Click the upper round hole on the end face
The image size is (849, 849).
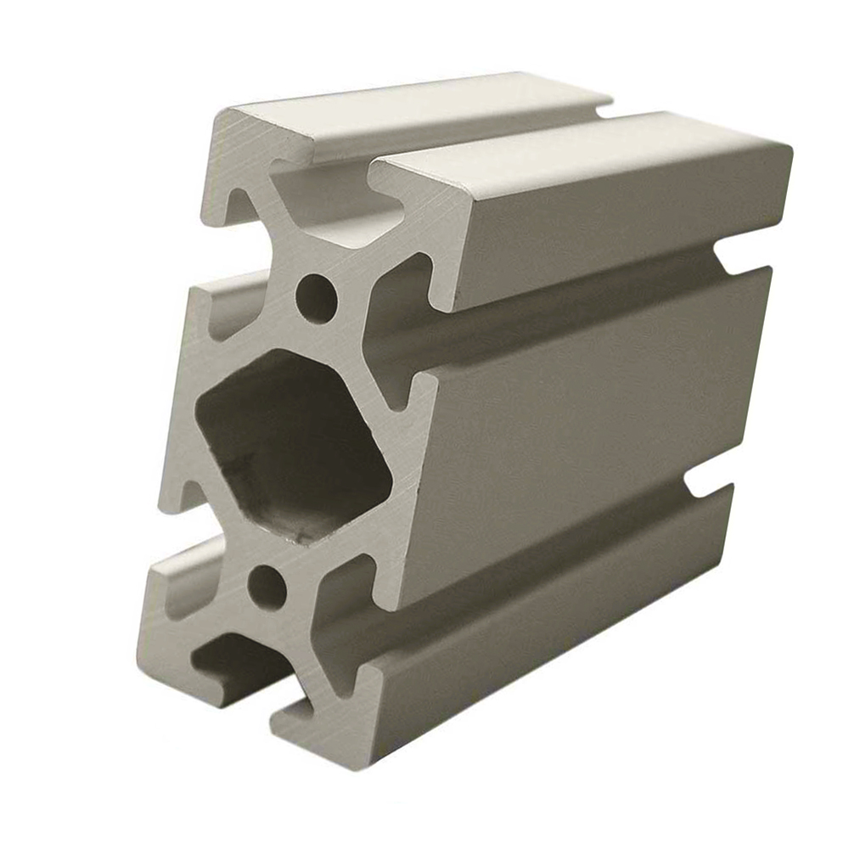(316, 296)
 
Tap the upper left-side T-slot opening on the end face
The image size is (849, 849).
(225, 310)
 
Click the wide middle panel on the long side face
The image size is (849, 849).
(586, 424)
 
